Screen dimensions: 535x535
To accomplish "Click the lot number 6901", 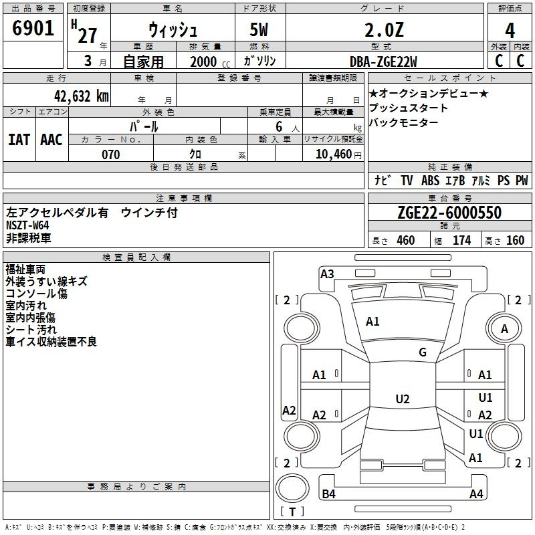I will (x=33, y=29).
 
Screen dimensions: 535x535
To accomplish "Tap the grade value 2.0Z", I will (x=384, y=30).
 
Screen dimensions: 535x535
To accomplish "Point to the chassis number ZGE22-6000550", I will (x=449, y=213).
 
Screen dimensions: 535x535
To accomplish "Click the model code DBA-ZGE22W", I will (x=383, y=62).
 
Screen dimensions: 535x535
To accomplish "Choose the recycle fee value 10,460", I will (x=332, y=154).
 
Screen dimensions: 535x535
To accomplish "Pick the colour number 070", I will (x=110, y=154).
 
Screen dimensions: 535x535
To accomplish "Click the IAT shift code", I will (x=19, y=140).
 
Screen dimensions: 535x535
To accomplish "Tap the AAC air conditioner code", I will (x=51, y=140).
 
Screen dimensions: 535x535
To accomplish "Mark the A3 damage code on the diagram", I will (x=327, y=274).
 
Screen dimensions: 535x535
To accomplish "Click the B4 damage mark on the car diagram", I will (x=328, y=494).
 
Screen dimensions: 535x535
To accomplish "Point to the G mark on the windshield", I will (x=422, y=352).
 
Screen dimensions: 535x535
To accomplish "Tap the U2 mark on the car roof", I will (x=402, y=399).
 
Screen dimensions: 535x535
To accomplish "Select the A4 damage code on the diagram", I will (x=476, y=494).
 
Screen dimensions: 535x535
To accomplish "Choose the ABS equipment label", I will (x=431, y=180).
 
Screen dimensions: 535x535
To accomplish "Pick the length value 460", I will (x=405, y=241).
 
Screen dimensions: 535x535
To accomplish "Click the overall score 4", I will (x=510, y=30).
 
